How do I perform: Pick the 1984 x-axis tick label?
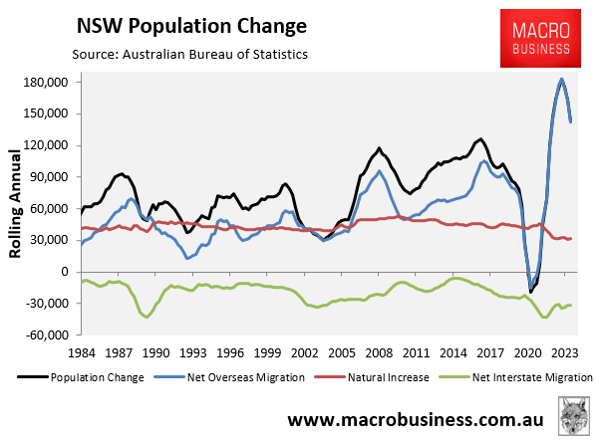[83, 352]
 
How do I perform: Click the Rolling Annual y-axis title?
[17, 205]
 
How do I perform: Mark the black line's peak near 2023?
[562, 79]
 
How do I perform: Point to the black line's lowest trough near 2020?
[531, 292]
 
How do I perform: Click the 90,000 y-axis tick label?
[49, 177]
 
